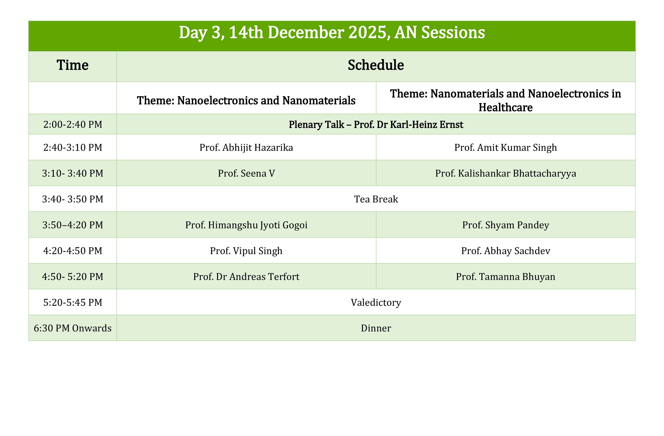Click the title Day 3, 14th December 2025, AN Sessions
(332, 33)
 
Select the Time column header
(73, 65)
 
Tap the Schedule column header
(376, 65)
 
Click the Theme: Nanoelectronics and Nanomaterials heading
(246, 101)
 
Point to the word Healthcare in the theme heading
(506, 108)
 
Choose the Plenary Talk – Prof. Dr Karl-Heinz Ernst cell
(376, 124)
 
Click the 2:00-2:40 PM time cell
(73, 124)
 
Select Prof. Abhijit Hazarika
(246, 148)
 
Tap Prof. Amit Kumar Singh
(506, 148)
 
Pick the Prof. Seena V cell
(246, 173)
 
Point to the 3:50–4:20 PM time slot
(73, 225)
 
